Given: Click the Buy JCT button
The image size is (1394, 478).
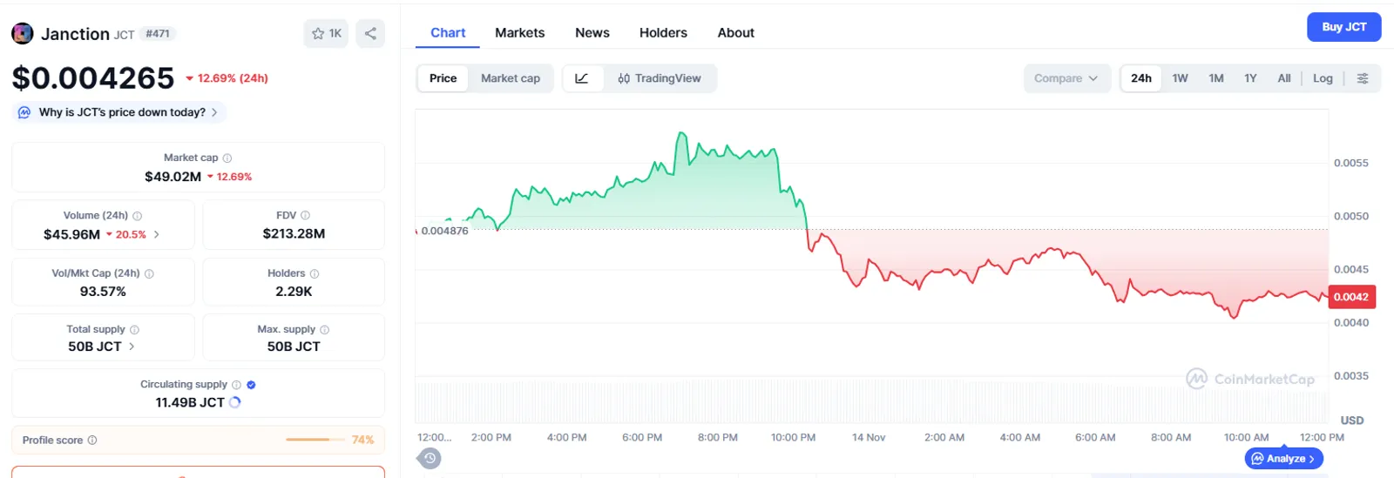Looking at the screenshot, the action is tap(1343, 27).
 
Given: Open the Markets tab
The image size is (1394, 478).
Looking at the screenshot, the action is tap(519, 33).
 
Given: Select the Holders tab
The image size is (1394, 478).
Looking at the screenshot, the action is tap(663, 33).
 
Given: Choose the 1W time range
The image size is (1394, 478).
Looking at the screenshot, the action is tap(1180, 78).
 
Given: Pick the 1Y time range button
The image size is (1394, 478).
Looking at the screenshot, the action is tap(1250, 78).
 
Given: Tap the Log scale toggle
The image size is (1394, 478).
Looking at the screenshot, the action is tap(1323, 78).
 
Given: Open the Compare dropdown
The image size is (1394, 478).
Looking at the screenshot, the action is tap(1066, 78).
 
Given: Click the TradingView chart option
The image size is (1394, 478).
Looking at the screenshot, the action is tap(660, 78).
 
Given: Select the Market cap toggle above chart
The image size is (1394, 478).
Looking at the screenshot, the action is tap(511, 78).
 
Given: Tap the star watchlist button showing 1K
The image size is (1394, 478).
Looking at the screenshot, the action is tap(326, 34).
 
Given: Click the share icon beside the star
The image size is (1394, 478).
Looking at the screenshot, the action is tap(370, 34).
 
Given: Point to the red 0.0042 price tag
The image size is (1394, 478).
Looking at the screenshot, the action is tap(1351, 297).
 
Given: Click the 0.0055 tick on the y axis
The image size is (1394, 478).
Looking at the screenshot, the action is tap(1351, 163).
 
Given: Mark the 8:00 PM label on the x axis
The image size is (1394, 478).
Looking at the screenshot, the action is tap(718, 438).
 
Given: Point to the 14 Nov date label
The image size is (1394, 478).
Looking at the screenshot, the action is tap(868, 438).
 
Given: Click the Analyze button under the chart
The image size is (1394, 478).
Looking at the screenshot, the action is tap(1284, 459).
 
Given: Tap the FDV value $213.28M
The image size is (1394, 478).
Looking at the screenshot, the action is tap(294, 233).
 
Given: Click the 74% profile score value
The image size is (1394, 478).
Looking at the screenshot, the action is tap(362, 440).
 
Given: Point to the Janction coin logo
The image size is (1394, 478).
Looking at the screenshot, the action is tap(23, 34).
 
